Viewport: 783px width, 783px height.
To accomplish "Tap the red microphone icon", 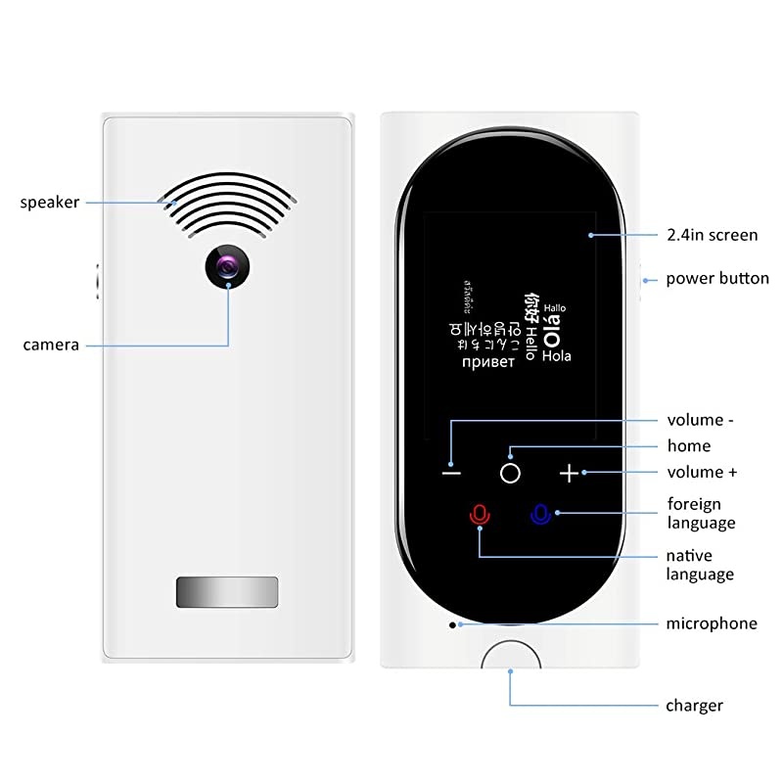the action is point(479,514).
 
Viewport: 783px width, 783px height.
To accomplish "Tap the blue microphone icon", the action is point(540,514).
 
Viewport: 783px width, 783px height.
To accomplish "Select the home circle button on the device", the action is point(509,473).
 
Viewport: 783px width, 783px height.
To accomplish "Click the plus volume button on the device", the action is point(570,474).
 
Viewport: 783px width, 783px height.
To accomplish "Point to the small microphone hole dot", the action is point(452,623).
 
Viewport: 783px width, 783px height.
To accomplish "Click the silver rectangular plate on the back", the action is point(227,593).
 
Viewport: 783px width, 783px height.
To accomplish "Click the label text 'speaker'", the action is point(49,203).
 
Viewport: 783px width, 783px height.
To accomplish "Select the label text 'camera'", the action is point(51,345).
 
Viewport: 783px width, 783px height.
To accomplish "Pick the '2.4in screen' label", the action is point(712,235).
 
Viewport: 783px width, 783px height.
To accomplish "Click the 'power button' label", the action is point(717,279).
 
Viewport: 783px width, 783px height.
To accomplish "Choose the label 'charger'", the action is point(694,705).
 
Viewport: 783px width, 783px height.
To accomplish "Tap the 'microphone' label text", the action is point(712,623).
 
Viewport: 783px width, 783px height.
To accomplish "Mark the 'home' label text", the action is point(688,446).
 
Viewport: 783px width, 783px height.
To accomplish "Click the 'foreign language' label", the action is point(701,513).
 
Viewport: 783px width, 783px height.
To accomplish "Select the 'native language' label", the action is point(700,565).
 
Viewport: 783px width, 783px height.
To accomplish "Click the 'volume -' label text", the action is point(700,421).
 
